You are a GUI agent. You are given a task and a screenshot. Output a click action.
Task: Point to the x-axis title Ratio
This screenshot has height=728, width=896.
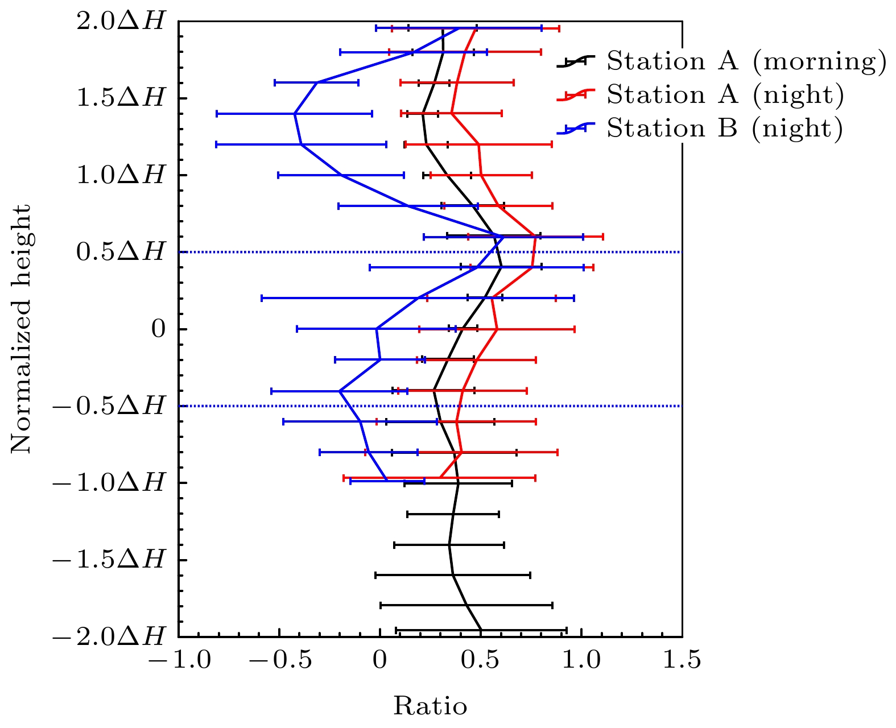430,706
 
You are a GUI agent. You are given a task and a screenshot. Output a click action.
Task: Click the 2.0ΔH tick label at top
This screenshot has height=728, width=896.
120,22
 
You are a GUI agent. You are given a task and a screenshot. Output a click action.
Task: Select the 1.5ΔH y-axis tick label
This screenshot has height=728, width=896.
120,98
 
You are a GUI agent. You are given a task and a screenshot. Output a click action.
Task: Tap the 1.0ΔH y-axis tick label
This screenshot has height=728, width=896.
120,175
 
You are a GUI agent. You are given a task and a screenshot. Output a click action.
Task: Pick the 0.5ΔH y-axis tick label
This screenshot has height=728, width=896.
120,252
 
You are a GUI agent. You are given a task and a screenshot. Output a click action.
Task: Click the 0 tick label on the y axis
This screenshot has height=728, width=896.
158,329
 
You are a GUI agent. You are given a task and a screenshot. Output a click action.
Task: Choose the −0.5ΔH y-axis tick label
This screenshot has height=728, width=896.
109,406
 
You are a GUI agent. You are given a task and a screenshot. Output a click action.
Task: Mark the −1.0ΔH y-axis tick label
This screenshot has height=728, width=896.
109,483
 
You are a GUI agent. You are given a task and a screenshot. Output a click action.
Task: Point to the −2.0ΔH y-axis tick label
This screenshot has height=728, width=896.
109,636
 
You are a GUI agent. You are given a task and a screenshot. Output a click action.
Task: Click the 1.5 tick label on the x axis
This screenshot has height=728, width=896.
682,660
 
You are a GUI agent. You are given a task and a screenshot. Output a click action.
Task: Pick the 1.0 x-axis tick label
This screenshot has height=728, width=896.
581,660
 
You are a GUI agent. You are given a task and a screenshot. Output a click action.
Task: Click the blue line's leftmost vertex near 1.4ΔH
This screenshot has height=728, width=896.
294,114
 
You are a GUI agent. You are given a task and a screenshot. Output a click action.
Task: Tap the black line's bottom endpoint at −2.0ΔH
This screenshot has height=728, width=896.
481,630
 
